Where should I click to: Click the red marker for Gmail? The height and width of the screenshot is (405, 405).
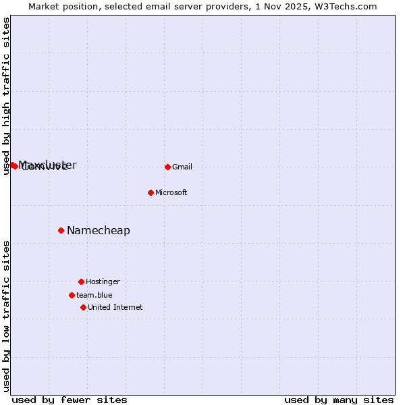167,167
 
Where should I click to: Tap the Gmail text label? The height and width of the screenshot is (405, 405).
182,167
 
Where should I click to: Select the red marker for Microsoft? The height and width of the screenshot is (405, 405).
151,192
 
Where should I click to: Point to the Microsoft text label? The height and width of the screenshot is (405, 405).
171,193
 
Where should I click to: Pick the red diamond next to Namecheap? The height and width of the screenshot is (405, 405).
61,230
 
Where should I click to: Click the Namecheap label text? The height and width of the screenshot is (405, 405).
99,231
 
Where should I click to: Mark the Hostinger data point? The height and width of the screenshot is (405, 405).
81,281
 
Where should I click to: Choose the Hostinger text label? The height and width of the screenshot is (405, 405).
103,282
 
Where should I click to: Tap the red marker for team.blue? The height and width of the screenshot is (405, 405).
72,295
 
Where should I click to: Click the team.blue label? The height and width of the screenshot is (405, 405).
94,296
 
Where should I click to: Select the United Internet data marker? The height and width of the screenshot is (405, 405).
83,307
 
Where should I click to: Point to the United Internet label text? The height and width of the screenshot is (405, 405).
115,308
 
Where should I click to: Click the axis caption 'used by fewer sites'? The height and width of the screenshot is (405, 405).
70,400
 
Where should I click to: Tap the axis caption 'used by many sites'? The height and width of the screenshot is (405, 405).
339,400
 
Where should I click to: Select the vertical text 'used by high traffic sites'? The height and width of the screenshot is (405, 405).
6,96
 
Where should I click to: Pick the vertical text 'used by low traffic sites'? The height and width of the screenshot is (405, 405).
6,316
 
